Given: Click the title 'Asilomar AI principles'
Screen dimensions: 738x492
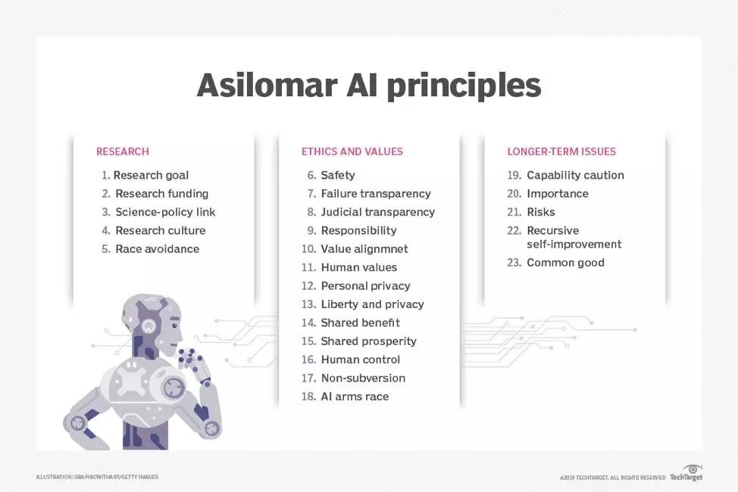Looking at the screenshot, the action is [x=369, y=86].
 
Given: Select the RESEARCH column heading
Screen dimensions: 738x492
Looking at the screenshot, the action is [x=122, y=151].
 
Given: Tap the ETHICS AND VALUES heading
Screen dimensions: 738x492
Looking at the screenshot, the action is [x=352, y=151].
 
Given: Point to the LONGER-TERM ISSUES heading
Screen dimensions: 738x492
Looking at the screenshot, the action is [x=561, y=151].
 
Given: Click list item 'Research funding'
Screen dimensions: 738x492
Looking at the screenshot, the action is [x=161, y=194].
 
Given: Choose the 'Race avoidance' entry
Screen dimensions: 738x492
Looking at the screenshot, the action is [x=157, y=249].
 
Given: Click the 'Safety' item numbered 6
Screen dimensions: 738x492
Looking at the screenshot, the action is [x=337, y=175].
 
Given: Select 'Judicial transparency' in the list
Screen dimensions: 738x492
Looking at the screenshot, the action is [x=377, y=212].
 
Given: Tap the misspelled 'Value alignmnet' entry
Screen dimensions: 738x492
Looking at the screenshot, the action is [x=364, y=249].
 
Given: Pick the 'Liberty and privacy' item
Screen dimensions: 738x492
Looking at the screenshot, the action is [x=372, y=304].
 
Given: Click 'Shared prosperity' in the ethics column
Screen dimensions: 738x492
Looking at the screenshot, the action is [x=368, y=341].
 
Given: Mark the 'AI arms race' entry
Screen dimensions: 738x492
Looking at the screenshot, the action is [x=355, y=397].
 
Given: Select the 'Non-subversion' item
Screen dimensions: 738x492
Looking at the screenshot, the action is [x=363, y=378].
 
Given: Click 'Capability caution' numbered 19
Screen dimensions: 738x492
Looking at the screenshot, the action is [x=575, y=175].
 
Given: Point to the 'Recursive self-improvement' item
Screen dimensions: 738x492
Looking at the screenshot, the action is [x=574, y=237].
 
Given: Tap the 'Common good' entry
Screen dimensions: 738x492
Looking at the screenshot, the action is [x=565, y=263].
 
